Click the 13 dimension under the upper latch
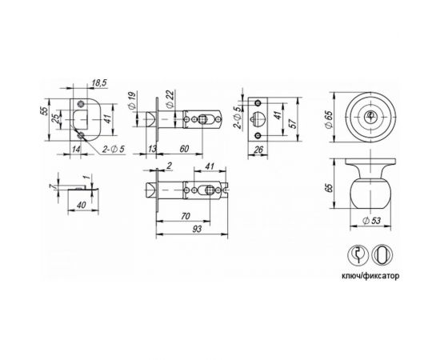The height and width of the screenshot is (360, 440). point(153,149)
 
